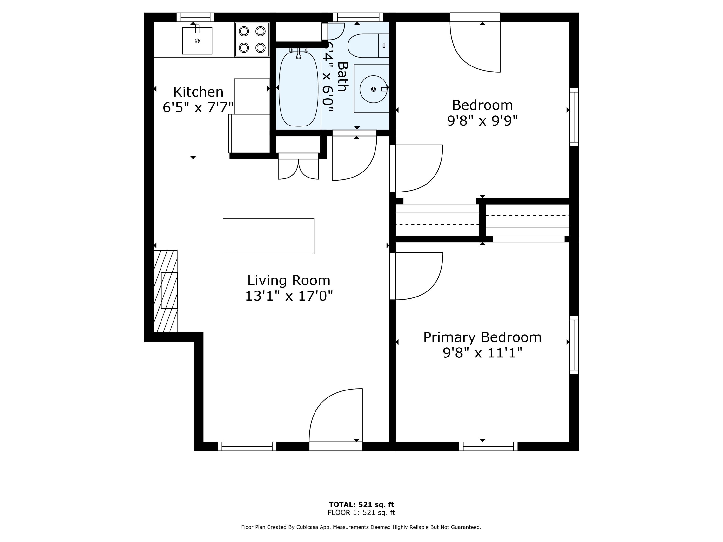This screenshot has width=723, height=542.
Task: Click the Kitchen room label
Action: click(198, 92)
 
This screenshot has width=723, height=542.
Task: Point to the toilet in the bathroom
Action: click(368, 46)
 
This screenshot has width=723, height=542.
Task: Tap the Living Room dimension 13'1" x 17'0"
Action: click(289, 296)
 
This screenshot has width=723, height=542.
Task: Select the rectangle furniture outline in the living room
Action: click(268, 236)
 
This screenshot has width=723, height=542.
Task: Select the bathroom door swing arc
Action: click(355, 159)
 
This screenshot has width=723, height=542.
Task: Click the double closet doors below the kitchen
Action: click(298, 168)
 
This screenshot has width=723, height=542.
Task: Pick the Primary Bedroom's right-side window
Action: click(574, 345)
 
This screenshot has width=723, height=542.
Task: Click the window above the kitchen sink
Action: click(195, 17)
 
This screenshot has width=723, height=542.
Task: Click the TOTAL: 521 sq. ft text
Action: click(361, 504)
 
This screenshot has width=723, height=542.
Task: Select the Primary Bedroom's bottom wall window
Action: click(488, 446)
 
